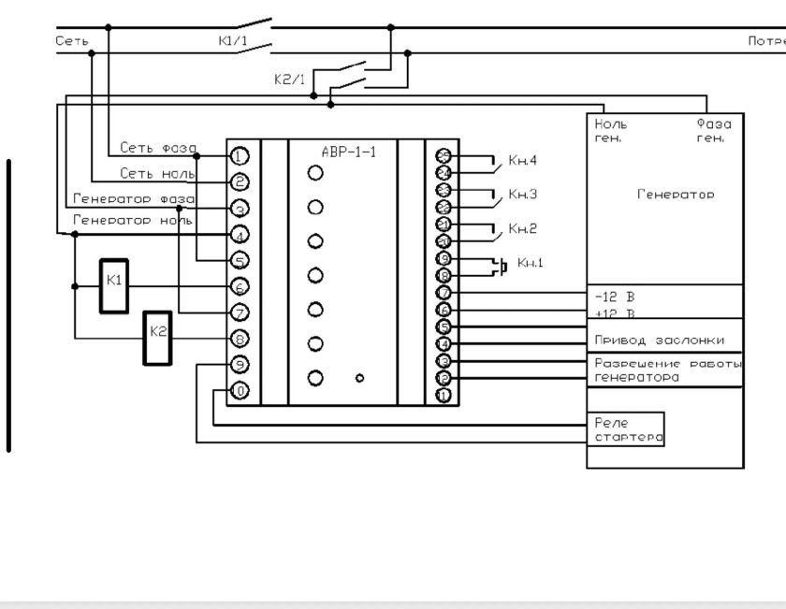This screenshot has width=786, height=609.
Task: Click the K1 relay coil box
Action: click(114, 282)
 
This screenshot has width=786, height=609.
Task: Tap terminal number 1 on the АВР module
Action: click(240, 155)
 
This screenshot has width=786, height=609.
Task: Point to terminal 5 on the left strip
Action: click(240, 261)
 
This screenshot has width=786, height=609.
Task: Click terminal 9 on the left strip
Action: click(240, 365)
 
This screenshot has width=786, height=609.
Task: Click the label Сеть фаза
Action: click(157, 148)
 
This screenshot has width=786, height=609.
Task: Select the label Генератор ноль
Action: click(132, 221)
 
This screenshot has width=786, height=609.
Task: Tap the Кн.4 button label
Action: click(522, 161)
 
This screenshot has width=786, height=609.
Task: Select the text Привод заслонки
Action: click(659, 340)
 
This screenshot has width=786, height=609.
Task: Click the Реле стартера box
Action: click(626, 429)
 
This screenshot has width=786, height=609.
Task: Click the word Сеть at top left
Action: click(71, 40)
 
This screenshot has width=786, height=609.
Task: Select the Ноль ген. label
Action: click(611, 130)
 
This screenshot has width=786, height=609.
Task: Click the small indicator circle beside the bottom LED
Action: click(359, 378)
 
